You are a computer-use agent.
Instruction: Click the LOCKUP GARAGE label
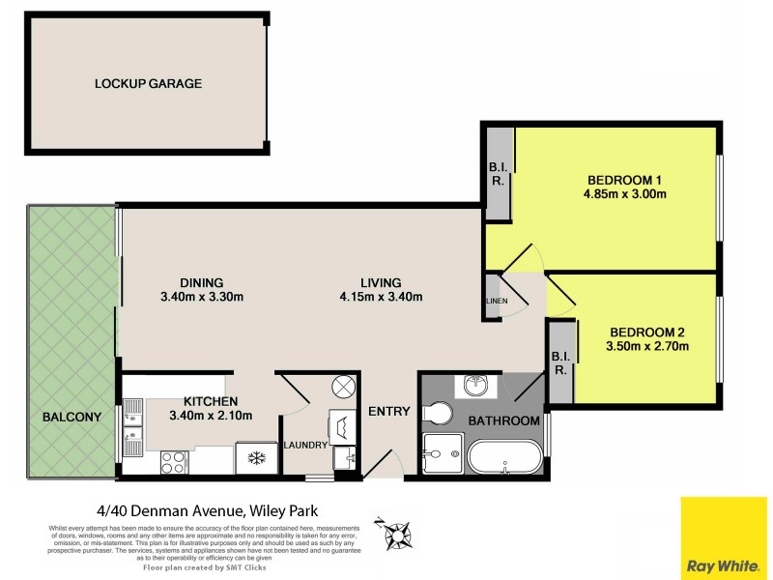(148, 83)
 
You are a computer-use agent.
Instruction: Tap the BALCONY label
(72, 418)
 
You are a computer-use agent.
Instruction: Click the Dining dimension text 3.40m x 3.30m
(201, 297)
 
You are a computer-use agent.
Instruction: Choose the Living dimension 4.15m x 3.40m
(382, 297)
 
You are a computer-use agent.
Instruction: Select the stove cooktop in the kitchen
(174, 462)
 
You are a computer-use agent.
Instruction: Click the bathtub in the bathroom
(505, 456)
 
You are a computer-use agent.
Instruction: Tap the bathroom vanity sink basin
(476, 386)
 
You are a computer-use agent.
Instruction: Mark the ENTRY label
(389, 412)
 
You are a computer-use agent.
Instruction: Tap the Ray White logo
(724, 537)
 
